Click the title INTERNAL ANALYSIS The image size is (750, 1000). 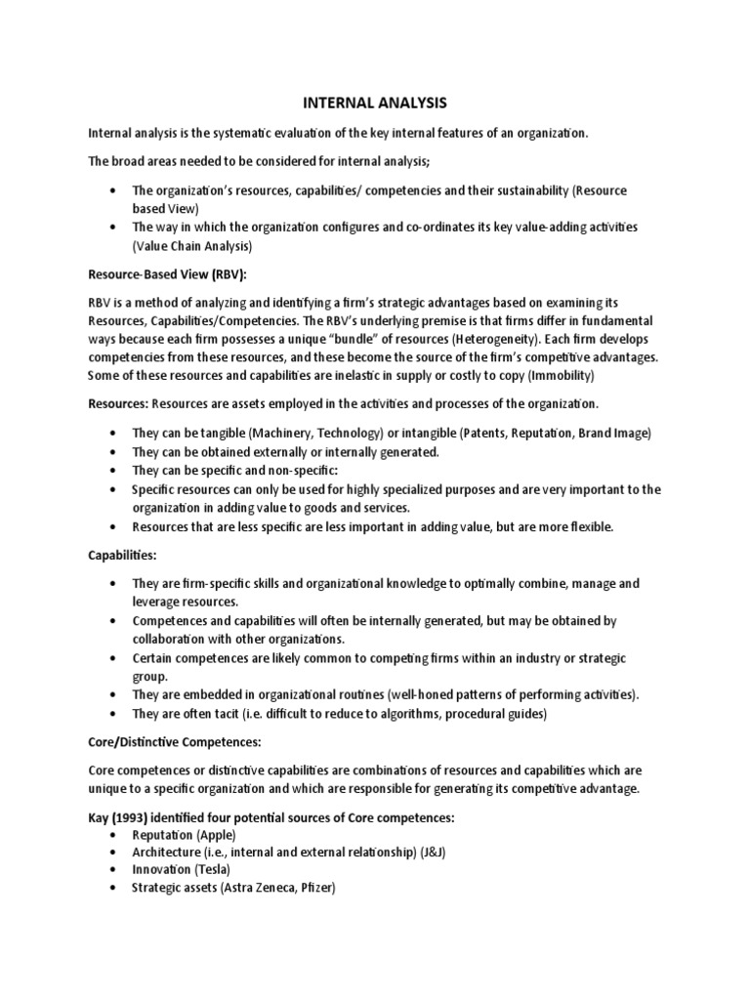pos(374,101)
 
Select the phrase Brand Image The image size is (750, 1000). pos(608,433)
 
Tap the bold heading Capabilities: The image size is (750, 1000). pos(122,554)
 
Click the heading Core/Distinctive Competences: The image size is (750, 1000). pos(174,741)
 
